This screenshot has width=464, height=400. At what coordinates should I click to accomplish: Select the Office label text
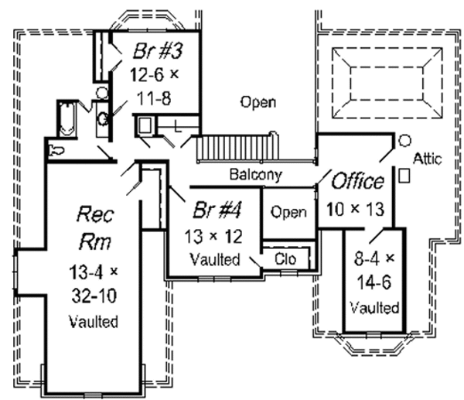[357, 183]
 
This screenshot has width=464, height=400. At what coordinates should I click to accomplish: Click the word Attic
[428, 159]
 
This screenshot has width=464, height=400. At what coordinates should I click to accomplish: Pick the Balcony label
[254, 175]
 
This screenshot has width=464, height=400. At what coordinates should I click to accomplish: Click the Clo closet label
[287, 258]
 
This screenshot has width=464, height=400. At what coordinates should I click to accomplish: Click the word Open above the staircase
[258, 102]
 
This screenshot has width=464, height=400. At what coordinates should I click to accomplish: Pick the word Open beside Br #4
[289, 212]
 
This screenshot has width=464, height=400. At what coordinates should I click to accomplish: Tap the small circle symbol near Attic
[404, 141]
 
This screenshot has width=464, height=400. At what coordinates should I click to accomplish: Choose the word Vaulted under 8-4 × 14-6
[374, 308]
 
